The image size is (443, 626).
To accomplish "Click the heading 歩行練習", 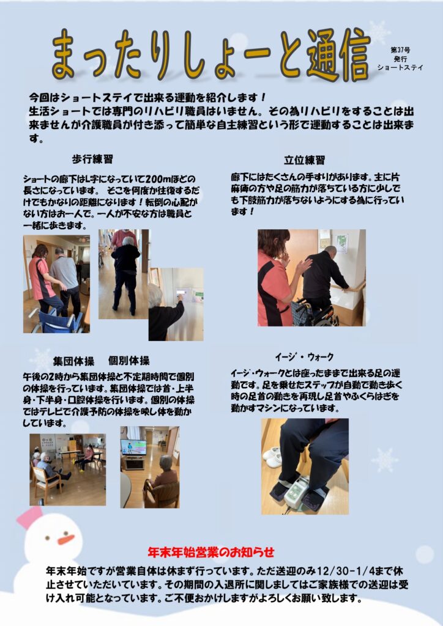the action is coord(92,160).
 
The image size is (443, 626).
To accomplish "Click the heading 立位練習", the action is coord(304,160).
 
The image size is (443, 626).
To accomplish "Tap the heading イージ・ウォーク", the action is coord(304,356).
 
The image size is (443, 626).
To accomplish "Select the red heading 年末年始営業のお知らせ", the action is coord(211,552).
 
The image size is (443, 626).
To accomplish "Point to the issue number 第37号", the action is coord(400,50).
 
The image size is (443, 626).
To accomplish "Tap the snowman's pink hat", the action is coord(29,517).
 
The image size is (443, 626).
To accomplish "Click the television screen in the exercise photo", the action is coord(133,447).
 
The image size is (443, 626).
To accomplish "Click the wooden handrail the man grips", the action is coord(346,287).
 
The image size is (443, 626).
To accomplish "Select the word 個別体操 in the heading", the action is coord(128,361).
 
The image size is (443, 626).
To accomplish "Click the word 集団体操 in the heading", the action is coord(73,361).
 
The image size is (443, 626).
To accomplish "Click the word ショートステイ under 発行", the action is coord(400,67).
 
